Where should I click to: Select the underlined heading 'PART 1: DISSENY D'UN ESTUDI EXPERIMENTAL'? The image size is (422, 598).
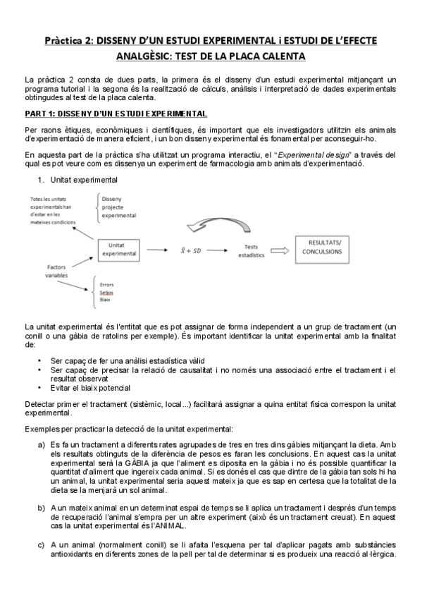(x=116, y=113)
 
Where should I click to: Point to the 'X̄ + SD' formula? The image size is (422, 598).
(x=189, y=250)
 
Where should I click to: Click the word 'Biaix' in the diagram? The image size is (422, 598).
(x=105, y=300)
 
